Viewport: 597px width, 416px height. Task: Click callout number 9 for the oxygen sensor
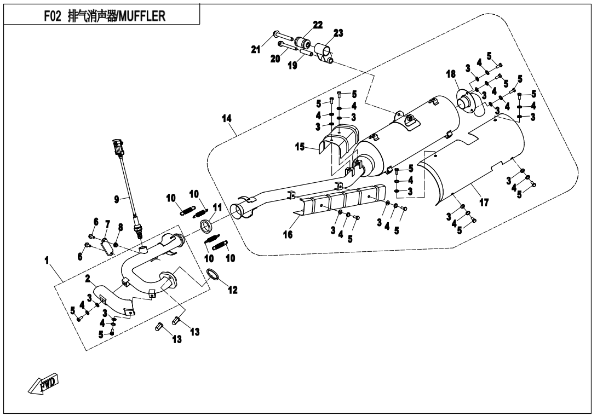117,200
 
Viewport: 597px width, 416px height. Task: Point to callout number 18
451,74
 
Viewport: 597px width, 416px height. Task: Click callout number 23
338,33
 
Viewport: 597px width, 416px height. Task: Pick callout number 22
318,25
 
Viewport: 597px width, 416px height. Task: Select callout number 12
233,290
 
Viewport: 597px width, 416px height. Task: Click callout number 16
288,234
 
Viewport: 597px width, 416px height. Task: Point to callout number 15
300,147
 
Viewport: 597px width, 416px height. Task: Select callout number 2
87,279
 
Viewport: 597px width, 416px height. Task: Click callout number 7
107,224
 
